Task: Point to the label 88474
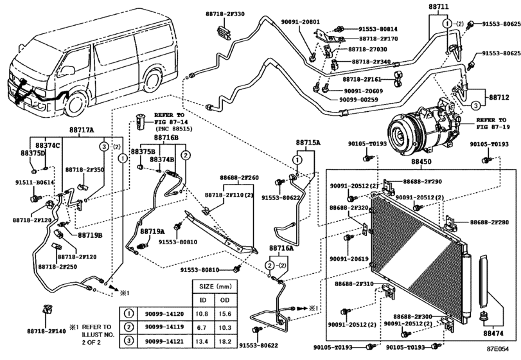point(492,334)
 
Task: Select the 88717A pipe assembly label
point(82,130)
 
